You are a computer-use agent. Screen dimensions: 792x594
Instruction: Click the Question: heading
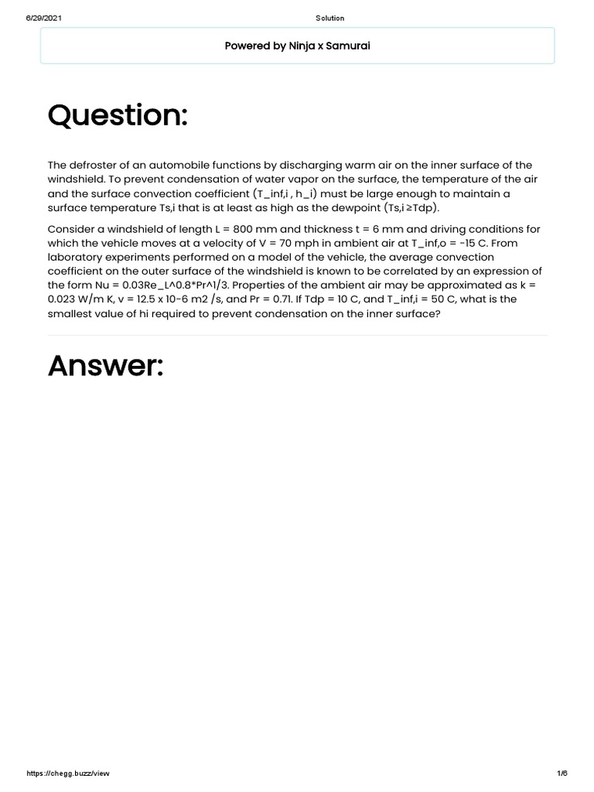coord(118,116)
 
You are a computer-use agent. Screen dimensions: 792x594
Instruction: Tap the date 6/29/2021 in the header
coord(44,18)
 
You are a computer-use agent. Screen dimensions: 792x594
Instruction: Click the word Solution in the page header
coord(330,18)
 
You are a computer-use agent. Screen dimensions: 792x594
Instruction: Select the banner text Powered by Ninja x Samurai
coord(297,46)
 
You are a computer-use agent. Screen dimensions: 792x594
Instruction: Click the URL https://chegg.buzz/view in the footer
coord(68,773)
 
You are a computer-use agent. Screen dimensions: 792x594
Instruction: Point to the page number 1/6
coord(562,773)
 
